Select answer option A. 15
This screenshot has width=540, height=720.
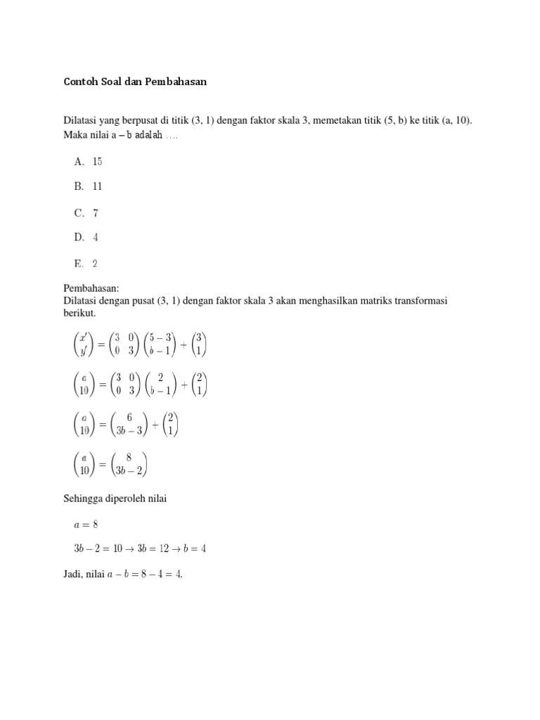click(88, 162)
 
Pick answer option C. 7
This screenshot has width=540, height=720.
click(85, 213)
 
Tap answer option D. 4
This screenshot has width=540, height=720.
click(85, 238)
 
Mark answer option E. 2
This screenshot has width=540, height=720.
click(85, 264)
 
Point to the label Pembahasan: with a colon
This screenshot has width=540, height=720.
click(91, 288)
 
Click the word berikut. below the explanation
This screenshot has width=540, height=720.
click(79, 312)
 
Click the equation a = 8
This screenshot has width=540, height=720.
click(88, 524)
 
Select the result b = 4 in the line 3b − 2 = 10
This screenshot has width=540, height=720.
click(195, 549)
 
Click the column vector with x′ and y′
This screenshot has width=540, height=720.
click(84, 345)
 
